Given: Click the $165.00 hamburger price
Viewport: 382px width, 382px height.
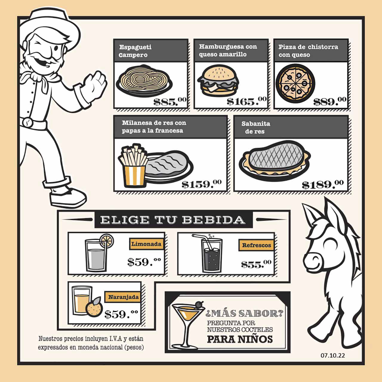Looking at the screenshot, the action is click(247, 101).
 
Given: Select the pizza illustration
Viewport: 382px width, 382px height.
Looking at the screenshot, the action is click(295, 84).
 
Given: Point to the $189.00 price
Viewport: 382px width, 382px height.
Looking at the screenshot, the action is click(323, 184).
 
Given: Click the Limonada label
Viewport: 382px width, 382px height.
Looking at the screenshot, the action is click(146, 244).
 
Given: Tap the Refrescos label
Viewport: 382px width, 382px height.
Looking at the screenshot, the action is click(256, 245).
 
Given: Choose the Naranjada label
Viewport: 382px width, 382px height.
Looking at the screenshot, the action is click(123, 297).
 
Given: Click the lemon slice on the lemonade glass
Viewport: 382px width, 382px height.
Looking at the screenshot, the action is click(107, 241).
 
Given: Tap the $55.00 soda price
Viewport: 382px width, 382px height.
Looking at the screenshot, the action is click(256, 264).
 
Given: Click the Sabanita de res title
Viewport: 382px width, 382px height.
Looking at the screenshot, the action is click(255, 127).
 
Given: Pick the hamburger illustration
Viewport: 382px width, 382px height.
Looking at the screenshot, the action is click(218, 81).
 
